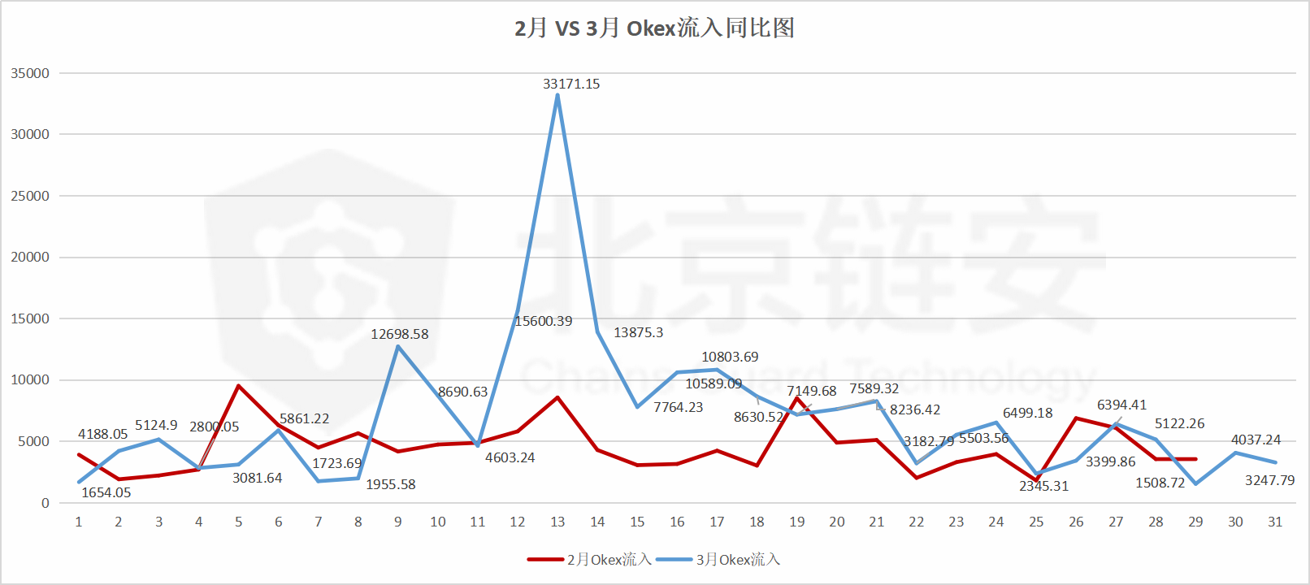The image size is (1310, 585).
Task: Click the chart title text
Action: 654,28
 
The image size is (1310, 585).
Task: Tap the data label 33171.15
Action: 571,84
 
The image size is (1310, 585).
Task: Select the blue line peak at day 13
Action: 557,95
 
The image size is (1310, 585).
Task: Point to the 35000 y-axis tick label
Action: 30,73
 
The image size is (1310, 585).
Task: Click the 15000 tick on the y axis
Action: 30,318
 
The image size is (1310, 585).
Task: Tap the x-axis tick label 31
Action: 1275,522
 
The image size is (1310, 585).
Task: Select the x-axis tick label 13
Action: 557,522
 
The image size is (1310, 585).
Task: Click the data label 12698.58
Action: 399,334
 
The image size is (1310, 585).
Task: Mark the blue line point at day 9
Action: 398,347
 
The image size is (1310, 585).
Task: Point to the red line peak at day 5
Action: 238,386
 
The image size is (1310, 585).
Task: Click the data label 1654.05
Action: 106,492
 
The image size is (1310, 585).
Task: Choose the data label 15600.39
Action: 543,321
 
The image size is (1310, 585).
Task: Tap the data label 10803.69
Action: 730,357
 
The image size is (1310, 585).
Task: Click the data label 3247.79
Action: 1269,480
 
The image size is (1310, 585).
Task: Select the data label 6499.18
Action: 1027,413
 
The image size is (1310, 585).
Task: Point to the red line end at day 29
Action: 1195,459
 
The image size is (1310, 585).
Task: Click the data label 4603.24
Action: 510,457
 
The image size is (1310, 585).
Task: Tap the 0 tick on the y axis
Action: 46,503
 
